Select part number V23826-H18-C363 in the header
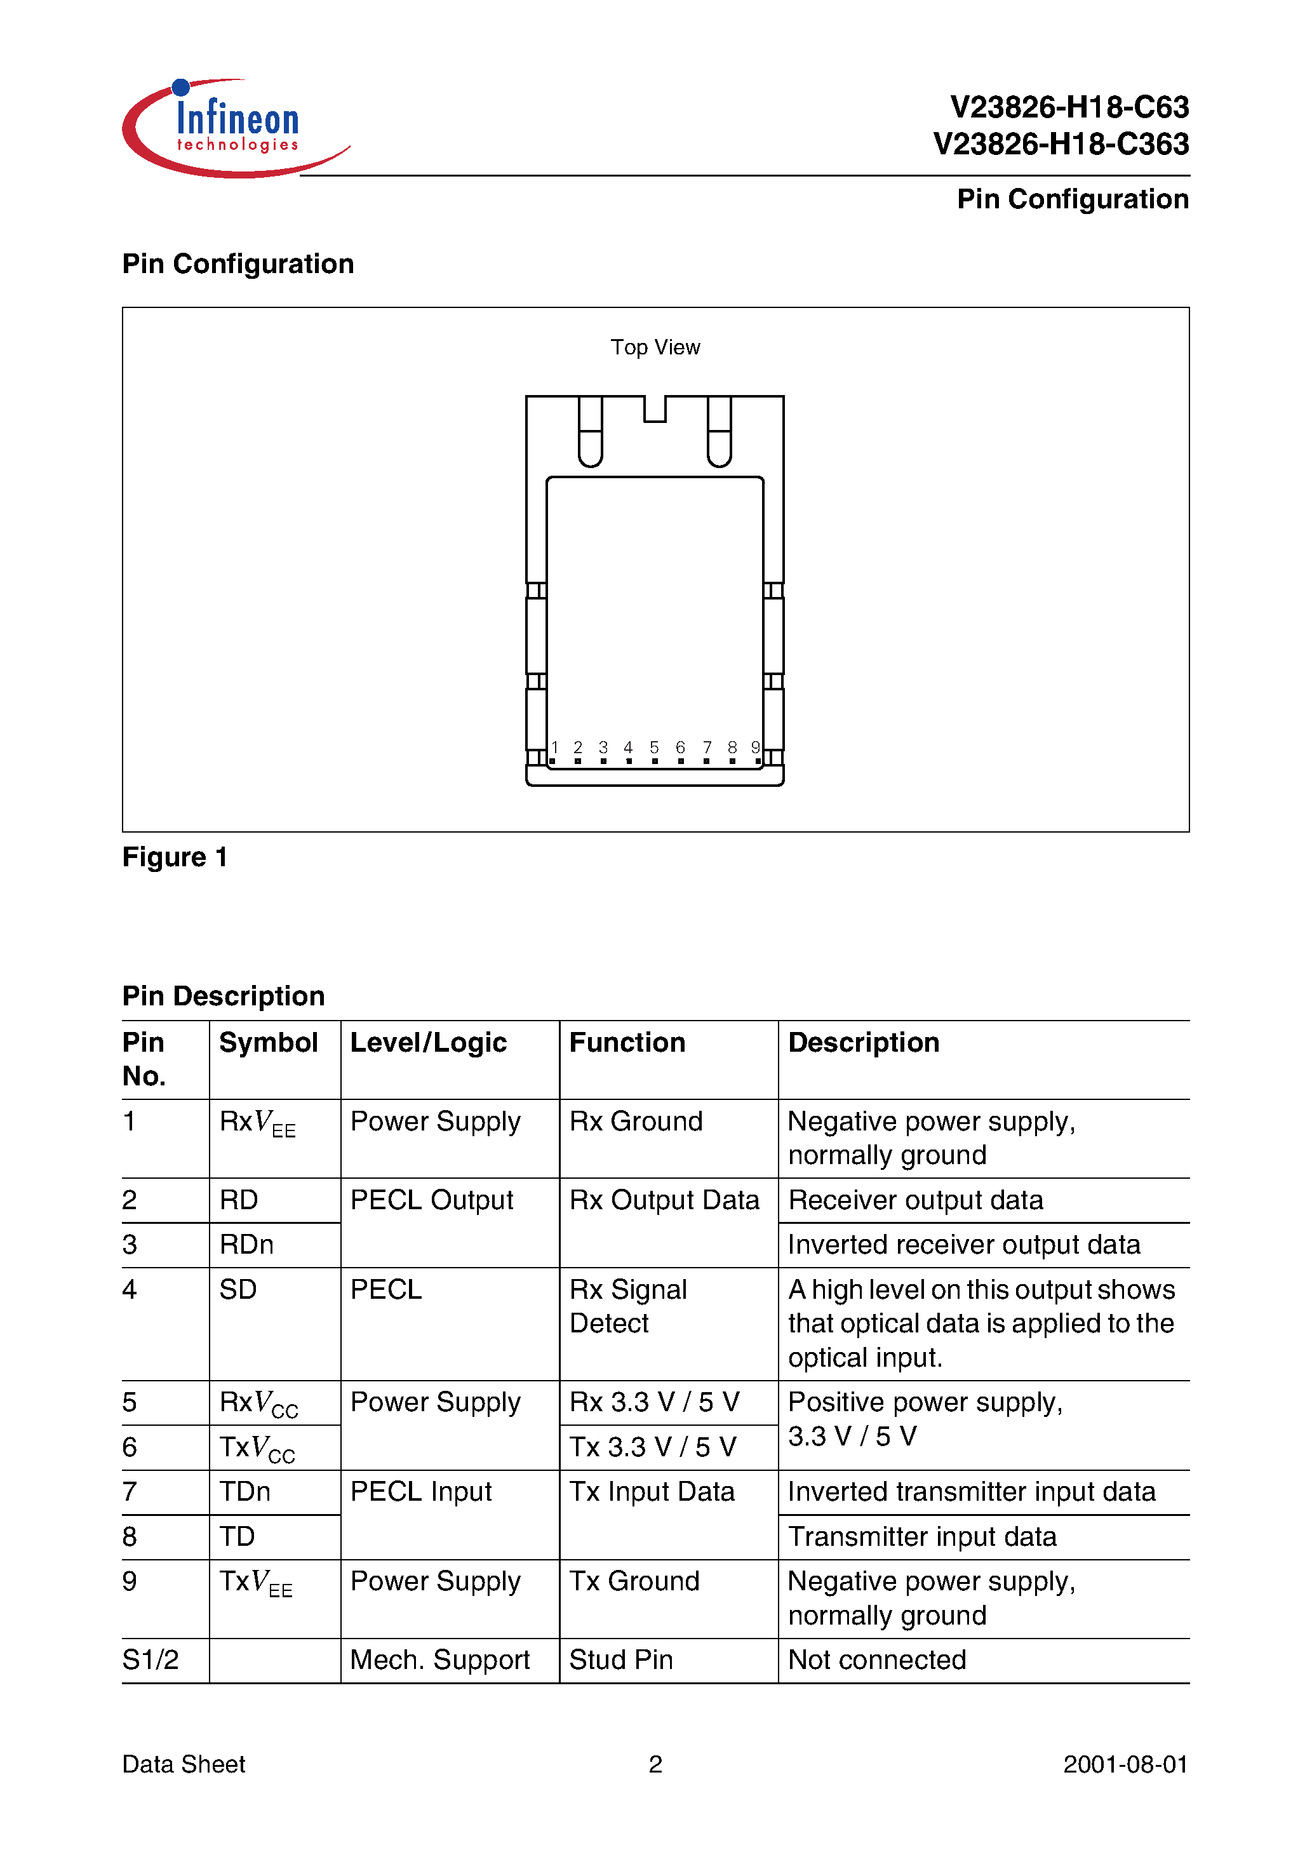(x=1061, y=144)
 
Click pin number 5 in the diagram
(x=654, y=748)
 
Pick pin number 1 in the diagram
(x=555, y=748)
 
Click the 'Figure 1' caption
(x=175, y=857)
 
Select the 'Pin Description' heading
(x=224, y=996)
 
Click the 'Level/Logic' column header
(x=428, y=1043)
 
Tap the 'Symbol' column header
(x=269, y=1043)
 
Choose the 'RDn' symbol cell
(x=246, y=1244)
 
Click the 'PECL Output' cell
(x=431, y=1200)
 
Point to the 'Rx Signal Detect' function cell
(x=627, y=1306)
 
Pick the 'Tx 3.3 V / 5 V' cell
(x=653, y=1447)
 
